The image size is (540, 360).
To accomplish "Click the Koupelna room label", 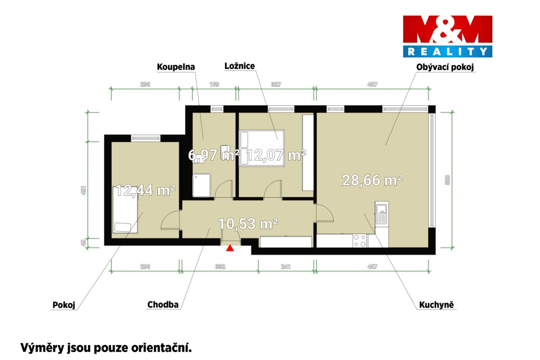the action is pos(176,67).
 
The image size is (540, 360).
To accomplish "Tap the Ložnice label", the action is pos(239,66).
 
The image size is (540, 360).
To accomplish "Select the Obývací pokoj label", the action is pos(445,67).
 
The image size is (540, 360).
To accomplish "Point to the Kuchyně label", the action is pos(436,305).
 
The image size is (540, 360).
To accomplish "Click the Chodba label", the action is pos(163,305).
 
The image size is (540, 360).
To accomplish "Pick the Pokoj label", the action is pos(64,305).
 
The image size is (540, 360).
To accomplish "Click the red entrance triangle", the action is pos(230,248).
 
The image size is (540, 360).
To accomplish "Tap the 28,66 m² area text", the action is pos(372,180).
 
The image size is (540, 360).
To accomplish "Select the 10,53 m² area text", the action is pos(248,224).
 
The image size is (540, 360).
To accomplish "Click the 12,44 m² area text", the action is pos(145,190).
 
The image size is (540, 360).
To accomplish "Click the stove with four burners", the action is pos(360,241).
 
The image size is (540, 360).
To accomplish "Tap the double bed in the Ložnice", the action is pos(262,148).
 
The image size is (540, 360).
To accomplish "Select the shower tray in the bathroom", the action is pos(202,185).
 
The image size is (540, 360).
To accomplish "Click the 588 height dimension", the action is pos(447,180).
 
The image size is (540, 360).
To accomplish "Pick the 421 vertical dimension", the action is pos(83,190).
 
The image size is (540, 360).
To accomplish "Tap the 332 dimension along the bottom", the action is pos(220,267).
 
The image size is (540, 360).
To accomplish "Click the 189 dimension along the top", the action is pos(214,84).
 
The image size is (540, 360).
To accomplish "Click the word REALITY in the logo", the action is pos(448,51).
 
